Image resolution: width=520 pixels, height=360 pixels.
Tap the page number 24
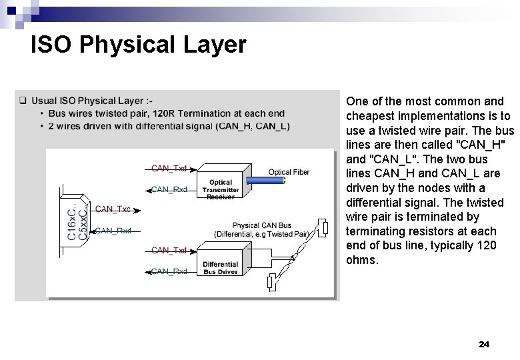pyautogui.click(x=484, y=345)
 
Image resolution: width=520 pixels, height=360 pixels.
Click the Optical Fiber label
pyautogui.click(x=289, y=172)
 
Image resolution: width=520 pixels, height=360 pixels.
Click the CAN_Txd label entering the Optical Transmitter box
pyautogui.click(x=169, y=168)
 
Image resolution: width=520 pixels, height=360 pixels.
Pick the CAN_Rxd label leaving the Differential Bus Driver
pyautogui.click(x=169, y=271)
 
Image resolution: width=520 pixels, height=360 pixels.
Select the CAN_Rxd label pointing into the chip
pyautogui.click(x=113, y=231)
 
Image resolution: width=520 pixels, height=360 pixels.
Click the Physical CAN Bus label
pyautogui.click(x=261, y=225)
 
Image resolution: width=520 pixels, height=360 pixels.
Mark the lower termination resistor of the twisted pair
pyautogui.click(x=271, y=284)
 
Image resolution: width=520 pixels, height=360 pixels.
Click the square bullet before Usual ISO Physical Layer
pyautogui.click(x=23, y=101)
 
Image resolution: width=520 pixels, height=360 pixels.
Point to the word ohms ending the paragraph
pyautogui.click(x=362, y=260)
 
